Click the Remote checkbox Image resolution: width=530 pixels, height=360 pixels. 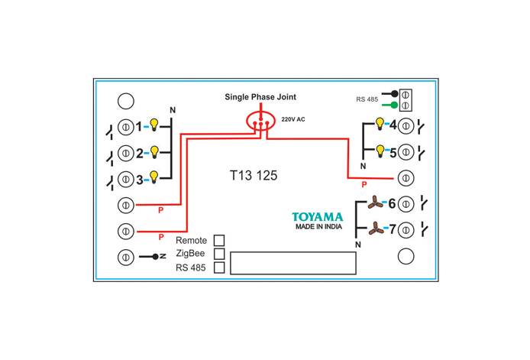pos(219,240)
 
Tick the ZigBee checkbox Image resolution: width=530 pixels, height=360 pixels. pos(219,254)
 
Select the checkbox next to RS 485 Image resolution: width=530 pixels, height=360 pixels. pos(219,268)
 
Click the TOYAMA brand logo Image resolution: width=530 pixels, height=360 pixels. pos(318,217)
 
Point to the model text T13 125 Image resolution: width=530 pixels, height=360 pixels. pos(254,175)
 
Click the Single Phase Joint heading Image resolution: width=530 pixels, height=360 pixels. pos(260,97)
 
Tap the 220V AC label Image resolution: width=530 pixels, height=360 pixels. pos(293,119)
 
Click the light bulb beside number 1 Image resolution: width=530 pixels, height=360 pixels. pos(154,125)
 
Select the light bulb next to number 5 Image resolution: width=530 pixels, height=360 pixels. pos(380,151)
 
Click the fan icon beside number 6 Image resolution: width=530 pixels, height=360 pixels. pos(375,202)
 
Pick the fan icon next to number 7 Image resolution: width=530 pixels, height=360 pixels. pos(376,229)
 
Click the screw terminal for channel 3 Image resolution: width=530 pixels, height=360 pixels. pos(126,179)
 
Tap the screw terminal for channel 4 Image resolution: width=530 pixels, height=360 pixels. pos(406,126)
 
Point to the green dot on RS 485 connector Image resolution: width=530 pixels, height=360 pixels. pos(394,105)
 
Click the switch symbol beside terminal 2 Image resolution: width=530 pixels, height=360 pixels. pos(110,157)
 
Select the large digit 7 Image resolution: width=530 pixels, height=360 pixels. pos(393,229)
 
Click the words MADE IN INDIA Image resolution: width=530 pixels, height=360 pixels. pos(318,226)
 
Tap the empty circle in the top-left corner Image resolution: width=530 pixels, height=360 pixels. pos(126,101)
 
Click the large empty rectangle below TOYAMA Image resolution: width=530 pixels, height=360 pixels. pos(293,252)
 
